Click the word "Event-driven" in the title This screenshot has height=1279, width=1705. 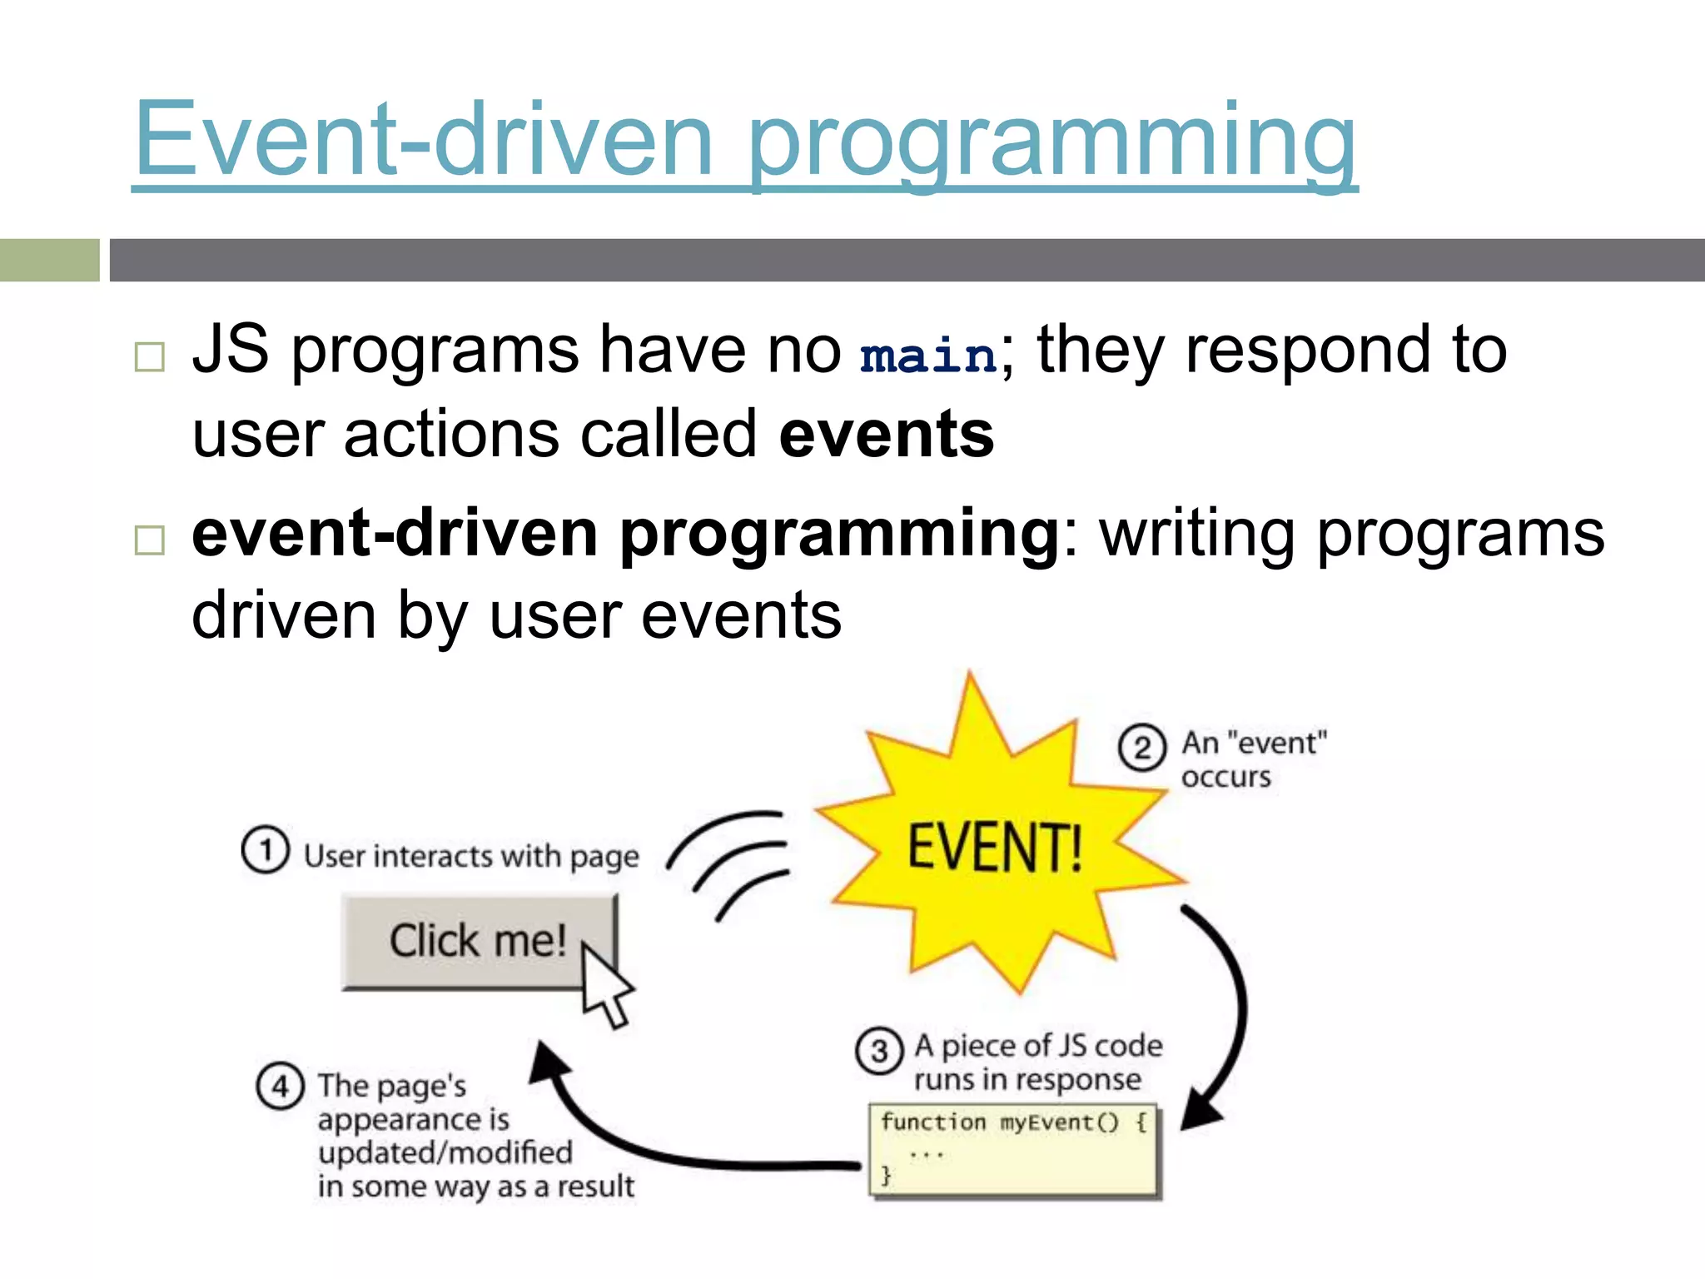(423, 139)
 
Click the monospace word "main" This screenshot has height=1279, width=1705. (928, 356)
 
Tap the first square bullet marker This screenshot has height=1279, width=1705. (150, 357)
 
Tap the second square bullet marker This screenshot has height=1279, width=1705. (150, 540)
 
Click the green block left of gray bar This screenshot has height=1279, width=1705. (49, 260)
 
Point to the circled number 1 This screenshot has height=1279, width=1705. (265, 850)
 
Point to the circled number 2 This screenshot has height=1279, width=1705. (1141, 748)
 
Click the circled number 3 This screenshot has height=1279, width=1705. (878, 1052)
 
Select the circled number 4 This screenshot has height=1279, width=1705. (280, 1087)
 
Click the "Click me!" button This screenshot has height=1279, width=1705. (466, 941)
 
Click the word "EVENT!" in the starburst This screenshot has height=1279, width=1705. (994, 848)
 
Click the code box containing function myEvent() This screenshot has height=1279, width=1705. (1012, 1151)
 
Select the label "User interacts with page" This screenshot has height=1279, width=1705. (471, 856)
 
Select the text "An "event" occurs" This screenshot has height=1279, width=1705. (1253, 759)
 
